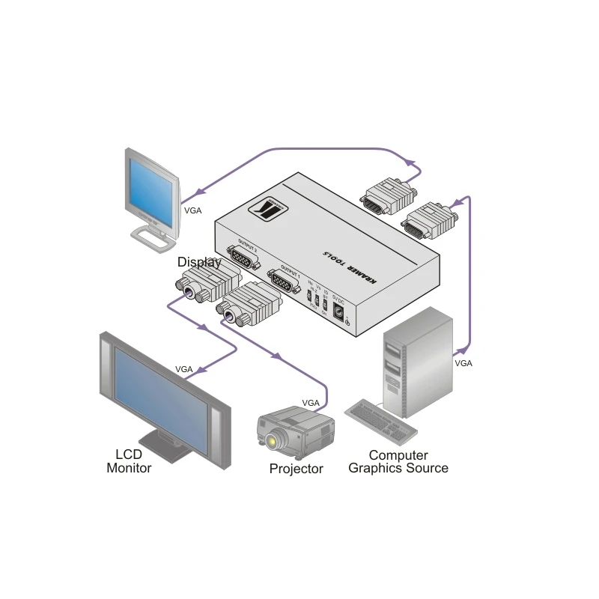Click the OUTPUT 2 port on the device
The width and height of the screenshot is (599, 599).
pos(241,258)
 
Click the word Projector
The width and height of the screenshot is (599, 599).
pos(296,469)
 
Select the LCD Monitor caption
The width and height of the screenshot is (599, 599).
pos(129,461)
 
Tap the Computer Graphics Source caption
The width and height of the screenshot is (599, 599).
pos(398,461)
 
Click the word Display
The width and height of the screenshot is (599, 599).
pos(198,262)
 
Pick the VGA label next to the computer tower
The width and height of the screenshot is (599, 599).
pos(463,362)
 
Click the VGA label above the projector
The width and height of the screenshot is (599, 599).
pos(311,403)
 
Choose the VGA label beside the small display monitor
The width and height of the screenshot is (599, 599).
pos(192,210)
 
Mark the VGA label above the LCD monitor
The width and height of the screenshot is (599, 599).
pos(183,369)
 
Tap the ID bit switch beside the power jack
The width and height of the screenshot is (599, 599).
pos(325,303)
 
